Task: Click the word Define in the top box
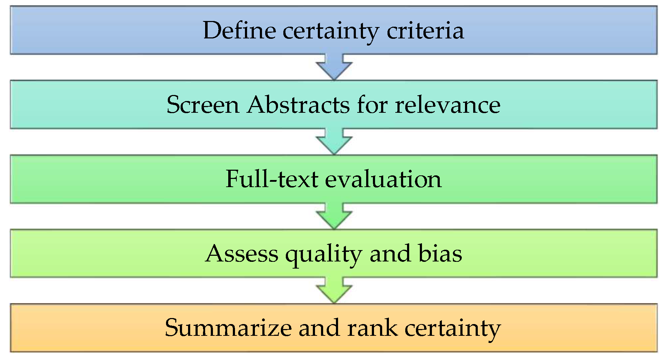(x=239, y=30)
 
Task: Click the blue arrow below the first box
(x=334, y=67)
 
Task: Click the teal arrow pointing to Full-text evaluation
(x=334, y=142)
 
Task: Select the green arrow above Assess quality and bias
(x=334, y=216)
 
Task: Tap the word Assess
(x=242, y=254)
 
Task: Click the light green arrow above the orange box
(x=334, y=290)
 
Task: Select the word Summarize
(x=228, y=328)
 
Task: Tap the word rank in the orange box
(x=372, y=328)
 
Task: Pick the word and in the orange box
(x=319, y=328)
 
